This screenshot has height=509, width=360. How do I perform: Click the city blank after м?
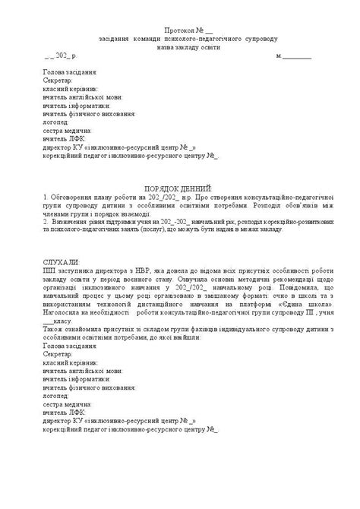pyautogui.click(x=297, y=56)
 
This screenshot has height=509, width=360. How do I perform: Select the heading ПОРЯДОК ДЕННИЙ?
pyautogui.click(x=179, y=187)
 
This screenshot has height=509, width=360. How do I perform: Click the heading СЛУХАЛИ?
pyautogui.click(x=62, y=261)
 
